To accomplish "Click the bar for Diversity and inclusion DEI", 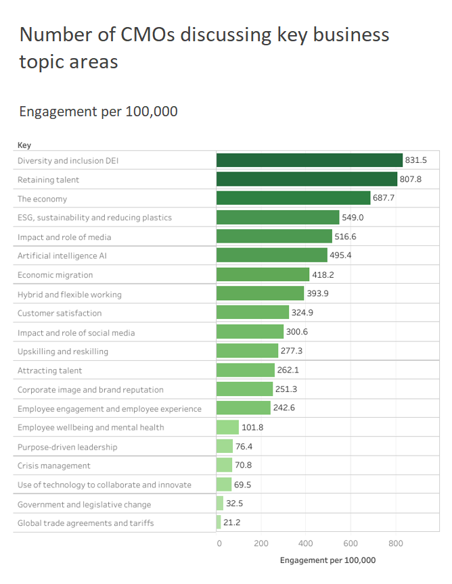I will click(x=309, y=160).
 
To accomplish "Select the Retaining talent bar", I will click(x=307, y=179).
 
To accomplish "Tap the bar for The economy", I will click(x=293, y=198).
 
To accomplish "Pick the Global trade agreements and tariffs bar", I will click(x=219, y=522).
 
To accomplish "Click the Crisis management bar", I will click(x=224, y=465).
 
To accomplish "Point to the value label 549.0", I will click(x=353, y=218).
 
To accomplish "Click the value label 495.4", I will click(x=341, y=255).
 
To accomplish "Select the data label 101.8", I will click(x=252, y=427).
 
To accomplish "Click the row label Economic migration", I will click(x=55, y=275).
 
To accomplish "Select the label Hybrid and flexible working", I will click(x=69, y=294).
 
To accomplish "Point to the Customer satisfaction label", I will click(x=60, y=313).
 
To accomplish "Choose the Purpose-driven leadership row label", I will click(x=67, y=447).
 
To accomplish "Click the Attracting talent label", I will click(x=49, y=370).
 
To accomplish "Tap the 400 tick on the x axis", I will click(x=306, y=543).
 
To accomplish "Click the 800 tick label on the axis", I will click(x=396, y=543).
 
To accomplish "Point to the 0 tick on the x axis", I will click(x=219, y=543).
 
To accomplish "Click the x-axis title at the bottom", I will click(x=327, y=560).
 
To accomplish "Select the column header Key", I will click(x=24, y=145).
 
